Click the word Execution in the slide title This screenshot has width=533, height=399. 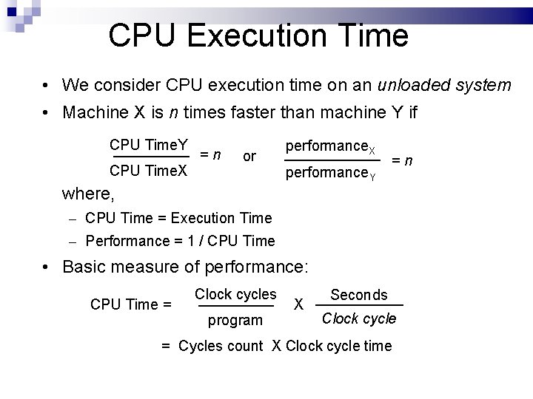(261, 35)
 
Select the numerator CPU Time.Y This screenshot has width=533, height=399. (148, 144)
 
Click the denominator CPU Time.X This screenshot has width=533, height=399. (148, 172)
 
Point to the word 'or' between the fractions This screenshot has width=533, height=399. (249, 157)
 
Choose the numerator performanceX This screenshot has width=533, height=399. (330, 147)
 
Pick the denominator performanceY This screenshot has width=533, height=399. (330, 175)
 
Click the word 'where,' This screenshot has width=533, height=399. (89, 194)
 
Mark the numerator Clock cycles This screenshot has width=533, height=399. (235, 293)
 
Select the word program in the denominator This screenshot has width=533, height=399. (235, 320)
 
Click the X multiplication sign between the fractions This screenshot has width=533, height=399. (299, 304)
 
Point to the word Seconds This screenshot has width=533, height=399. (359, 295)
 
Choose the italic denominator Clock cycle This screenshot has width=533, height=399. (359, 319)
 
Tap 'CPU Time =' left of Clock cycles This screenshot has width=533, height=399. (130, 304)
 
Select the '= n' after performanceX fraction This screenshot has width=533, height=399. (402, 160)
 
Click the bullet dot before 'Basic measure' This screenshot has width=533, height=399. (47, 266)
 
